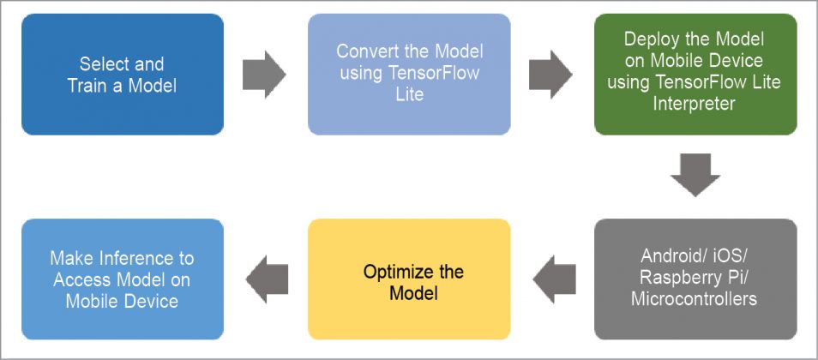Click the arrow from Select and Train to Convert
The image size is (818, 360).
coord(264,75)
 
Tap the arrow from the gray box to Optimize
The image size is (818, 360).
coord(552,279)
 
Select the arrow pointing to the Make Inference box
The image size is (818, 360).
coord(266,279)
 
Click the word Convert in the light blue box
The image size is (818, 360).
coord(364,51)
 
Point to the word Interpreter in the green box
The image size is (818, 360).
coord(695,104)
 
